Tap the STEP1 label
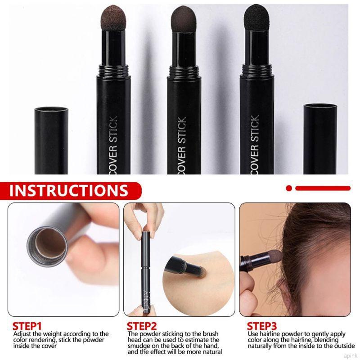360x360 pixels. tap(27, 326)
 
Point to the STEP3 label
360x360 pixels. tap(262, 326)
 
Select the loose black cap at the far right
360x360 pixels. tap(320, 139)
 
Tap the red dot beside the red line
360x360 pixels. tap(289, 188)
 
